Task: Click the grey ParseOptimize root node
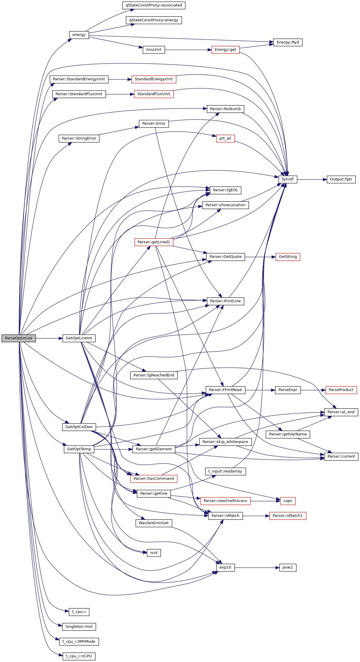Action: (x=19, y=338)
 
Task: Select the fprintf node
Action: (x=288, y=179)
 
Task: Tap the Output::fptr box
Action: (x=341, y=179)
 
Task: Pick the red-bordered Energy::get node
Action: (x=225, y=50)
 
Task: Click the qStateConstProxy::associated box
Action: (x=154, y=5)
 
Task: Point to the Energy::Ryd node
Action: (x=288, y=42)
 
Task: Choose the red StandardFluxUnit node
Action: (x=154, y=94)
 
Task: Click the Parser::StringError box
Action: (x=79, y=138)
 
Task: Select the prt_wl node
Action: (x=225, y=138)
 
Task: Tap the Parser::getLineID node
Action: (x=154, y=242)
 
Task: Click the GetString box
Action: (x=288, y=257)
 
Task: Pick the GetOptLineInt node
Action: (x=79, y=338)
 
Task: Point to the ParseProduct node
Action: (x=341, y=390)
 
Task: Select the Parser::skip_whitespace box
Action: (x=225, y=442)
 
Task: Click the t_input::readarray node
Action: (x=225, y=471)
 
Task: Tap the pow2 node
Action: (x=288, y=567)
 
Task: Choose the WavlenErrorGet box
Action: (x=154, y=523)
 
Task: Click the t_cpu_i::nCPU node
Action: (x=79, y=656)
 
